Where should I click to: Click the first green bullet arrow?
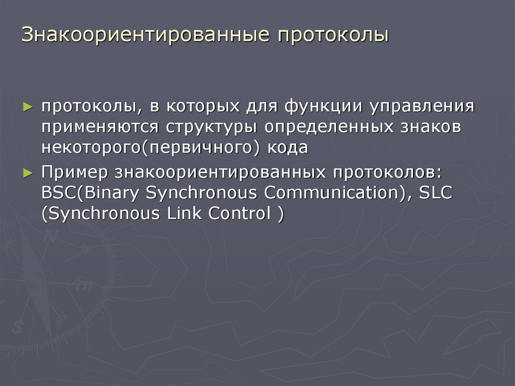[x=28, y=107]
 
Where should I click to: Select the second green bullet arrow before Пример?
[x=28, y=172]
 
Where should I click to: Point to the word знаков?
[x=431, y=127]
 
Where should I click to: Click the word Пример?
[x=74, y=172]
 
